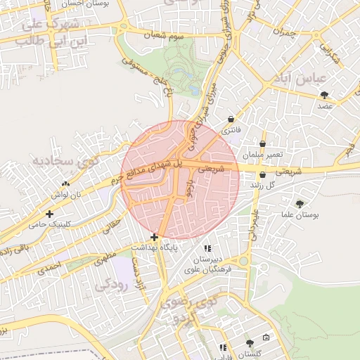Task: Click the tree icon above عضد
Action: click(x=323, y=94)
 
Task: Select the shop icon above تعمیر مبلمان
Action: click(x=263, y=143)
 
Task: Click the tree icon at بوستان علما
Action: click(x=300, y=203)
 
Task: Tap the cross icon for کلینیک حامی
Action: click(x=49, y=214)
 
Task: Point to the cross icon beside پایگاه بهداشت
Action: click(x=154, y=237)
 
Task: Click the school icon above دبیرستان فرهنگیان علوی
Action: click(x=207, y=248)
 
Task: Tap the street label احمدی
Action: click(x=50, y=268)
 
